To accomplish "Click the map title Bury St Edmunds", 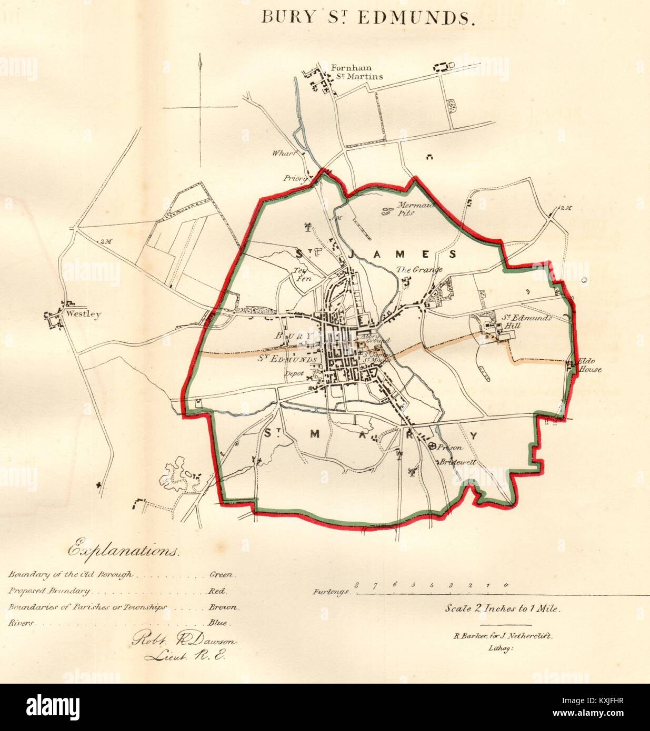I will coord(368,17).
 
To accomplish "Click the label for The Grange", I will coord(419,270).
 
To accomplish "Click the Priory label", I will coord(295,178).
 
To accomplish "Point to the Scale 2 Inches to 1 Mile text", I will coord(503,608).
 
